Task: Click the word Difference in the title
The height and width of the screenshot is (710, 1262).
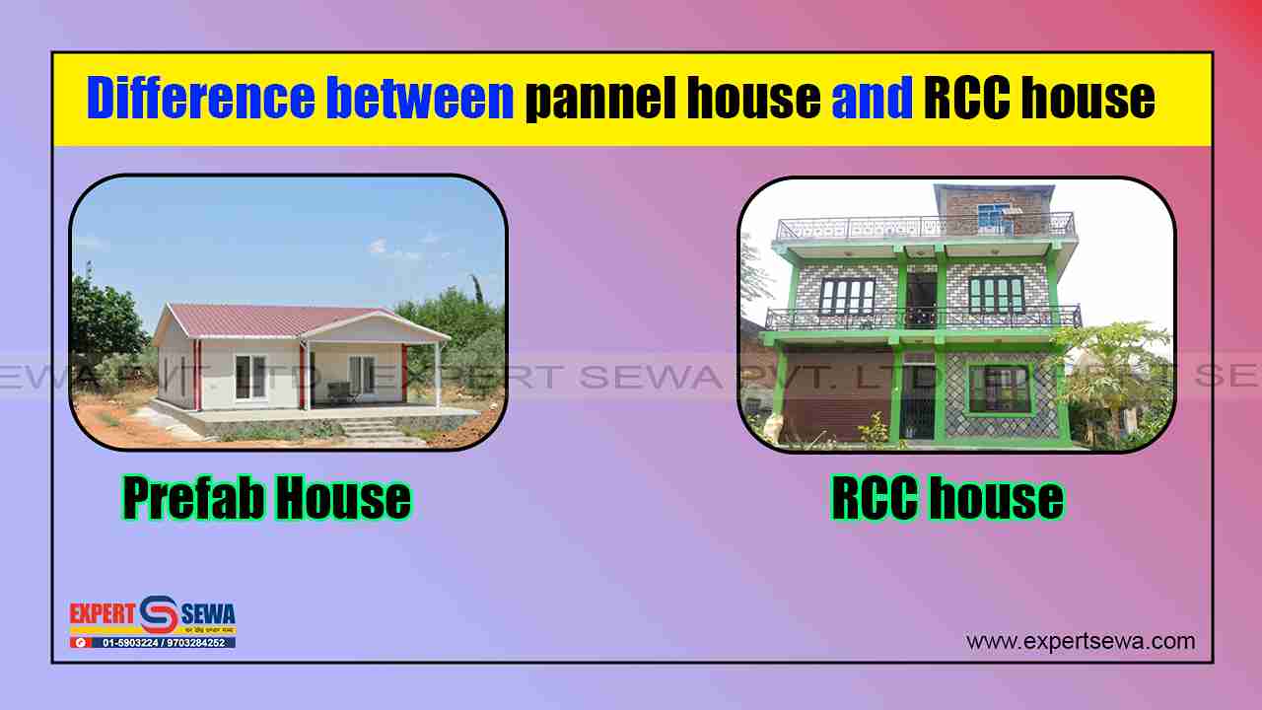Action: pos(200,99)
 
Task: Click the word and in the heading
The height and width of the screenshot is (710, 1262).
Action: pos(872,99)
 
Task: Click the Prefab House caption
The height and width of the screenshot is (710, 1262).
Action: pos(266,499)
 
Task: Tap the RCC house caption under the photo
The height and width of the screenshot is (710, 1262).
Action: pos(946,499)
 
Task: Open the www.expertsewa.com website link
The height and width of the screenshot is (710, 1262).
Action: pos(1081,641)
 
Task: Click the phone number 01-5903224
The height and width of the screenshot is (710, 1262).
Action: pos(132,643)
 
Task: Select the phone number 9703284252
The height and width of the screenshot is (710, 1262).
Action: pos(195,643)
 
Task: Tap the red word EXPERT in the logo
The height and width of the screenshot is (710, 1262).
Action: pos(102,614)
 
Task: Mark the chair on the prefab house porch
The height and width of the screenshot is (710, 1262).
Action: pos(340,392)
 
